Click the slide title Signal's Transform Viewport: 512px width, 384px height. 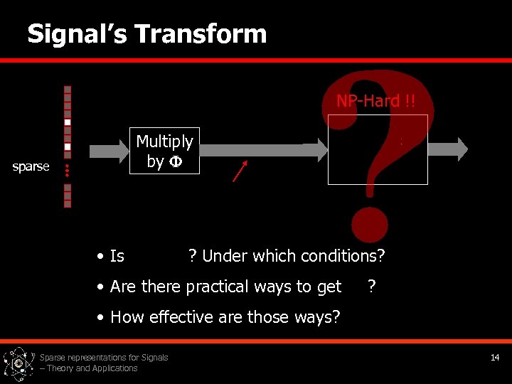tap(146, 33)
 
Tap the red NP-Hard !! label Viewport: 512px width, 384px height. tap(376, 101)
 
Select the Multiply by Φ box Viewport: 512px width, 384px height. tap(164, 151)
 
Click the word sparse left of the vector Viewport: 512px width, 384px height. tap(31, 166)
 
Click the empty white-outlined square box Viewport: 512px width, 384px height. tap(378, 150)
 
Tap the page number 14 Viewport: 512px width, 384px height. tap(494, 358)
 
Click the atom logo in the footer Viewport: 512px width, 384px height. tap(18, 363)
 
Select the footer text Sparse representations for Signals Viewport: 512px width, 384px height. tap(104, 358)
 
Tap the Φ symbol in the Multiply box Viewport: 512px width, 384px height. tap(175, 161)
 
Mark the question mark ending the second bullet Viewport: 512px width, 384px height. tap(371, 287)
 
